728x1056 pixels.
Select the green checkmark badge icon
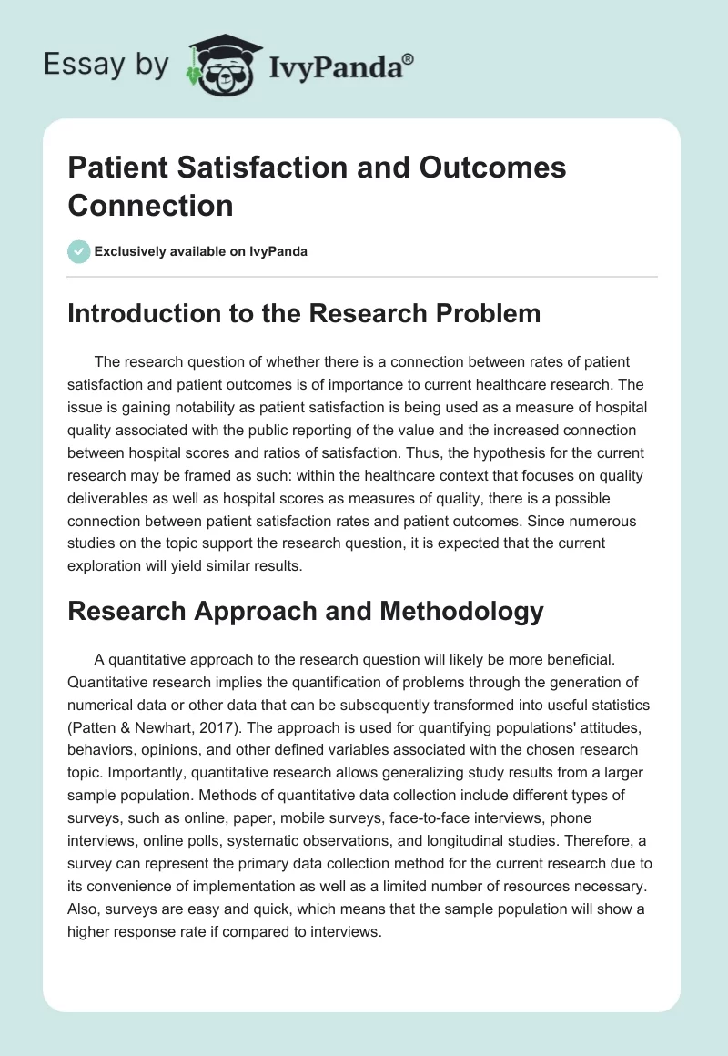tap(79, 251)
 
